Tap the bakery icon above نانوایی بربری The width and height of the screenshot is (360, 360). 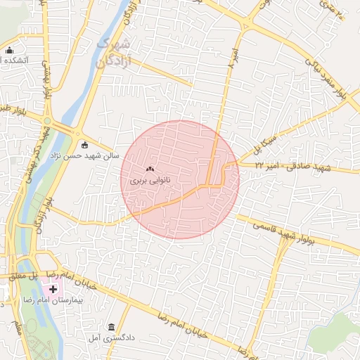pyautogui.click(x=149, y=169)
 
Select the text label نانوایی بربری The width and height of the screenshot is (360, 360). pyautogui.click(x=149, y=181)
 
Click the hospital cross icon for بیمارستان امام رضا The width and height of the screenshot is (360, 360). pyautogui.click(x=53, y=289)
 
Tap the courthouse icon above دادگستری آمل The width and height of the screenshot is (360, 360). pyautogui.click(x=112, y=327)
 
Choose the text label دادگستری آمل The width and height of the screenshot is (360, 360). pyautogui.click(x=112, y=338)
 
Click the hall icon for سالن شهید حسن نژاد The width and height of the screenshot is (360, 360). pyautogui.click(x=85, y=146)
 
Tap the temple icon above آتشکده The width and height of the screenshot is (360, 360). pyautogui.click(x=9, y=50)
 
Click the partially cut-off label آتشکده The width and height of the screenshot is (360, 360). pyautogui.click(x=14, y=60)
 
